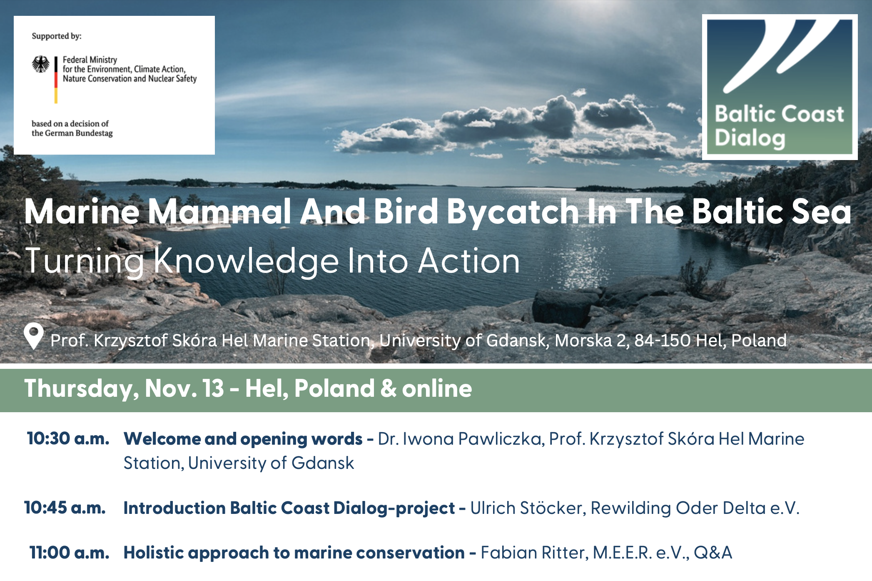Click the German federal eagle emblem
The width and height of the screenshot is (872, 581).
coord(41,64)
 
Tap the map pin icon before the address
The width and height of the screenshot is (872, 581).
coord(34,336)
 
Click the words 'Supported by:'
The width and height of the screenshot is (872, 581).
coord(57,36)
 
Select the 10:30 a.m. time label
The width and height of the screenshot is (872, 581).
coord(68,438)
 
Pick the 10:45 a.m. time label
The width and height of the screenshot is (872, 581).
coord(65,508)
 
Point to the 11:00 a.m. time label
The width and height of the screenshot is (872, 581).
coord(70,553)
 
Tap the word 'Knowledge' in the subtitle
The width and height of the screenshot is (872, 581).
coord(246,262)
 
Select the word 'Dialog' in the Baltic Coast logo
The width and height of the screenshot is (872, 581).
coord(750,138)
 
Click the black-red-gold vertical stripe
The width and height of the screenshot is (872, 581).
coord(56,80)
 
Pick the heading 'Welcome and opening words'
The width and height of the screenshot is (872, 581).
coord(243,439)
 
